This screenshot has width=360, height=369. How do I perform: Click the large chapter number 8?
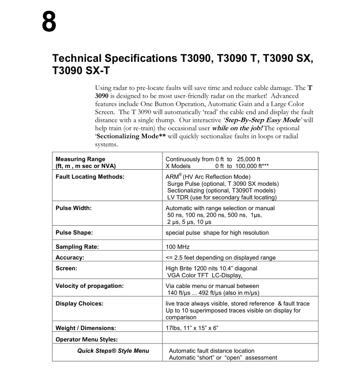coord(49,22)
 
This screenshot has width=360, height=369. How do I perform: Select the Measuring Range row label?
coord(81,159)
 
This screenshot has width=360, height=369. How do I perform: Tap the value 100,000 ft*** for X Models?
coord(243,166)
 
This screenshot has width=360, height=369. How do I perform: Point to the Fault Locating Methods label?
coord(90,177)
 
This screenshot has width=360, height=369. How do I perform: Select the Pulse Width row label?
coord(73,208)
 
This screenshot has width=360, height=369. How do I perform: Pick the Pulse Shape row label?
coord(74,233)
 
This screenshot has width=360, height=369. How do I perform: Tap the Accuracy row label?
coord(70,257)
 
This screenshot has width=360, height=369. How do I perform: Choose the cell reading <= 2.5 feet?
coord(221,257)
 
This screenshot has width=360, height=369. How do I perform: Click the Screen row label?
coord(67,269)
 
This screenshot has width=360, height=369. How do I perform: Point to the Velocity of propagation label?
coord(90,286)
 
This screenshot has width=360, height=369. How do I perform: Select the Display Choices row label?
coord(80,304)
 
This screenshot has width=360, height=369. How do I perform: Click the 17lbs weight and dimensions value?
coord(192,328)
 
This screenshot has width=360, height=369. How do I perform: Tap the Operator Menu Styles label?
coord(86,339)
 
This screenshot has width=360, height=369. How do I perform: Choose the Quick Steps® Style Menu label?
coord(113,351)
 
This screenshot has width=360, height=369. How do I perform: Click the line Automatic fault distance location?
coord(211,351)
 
